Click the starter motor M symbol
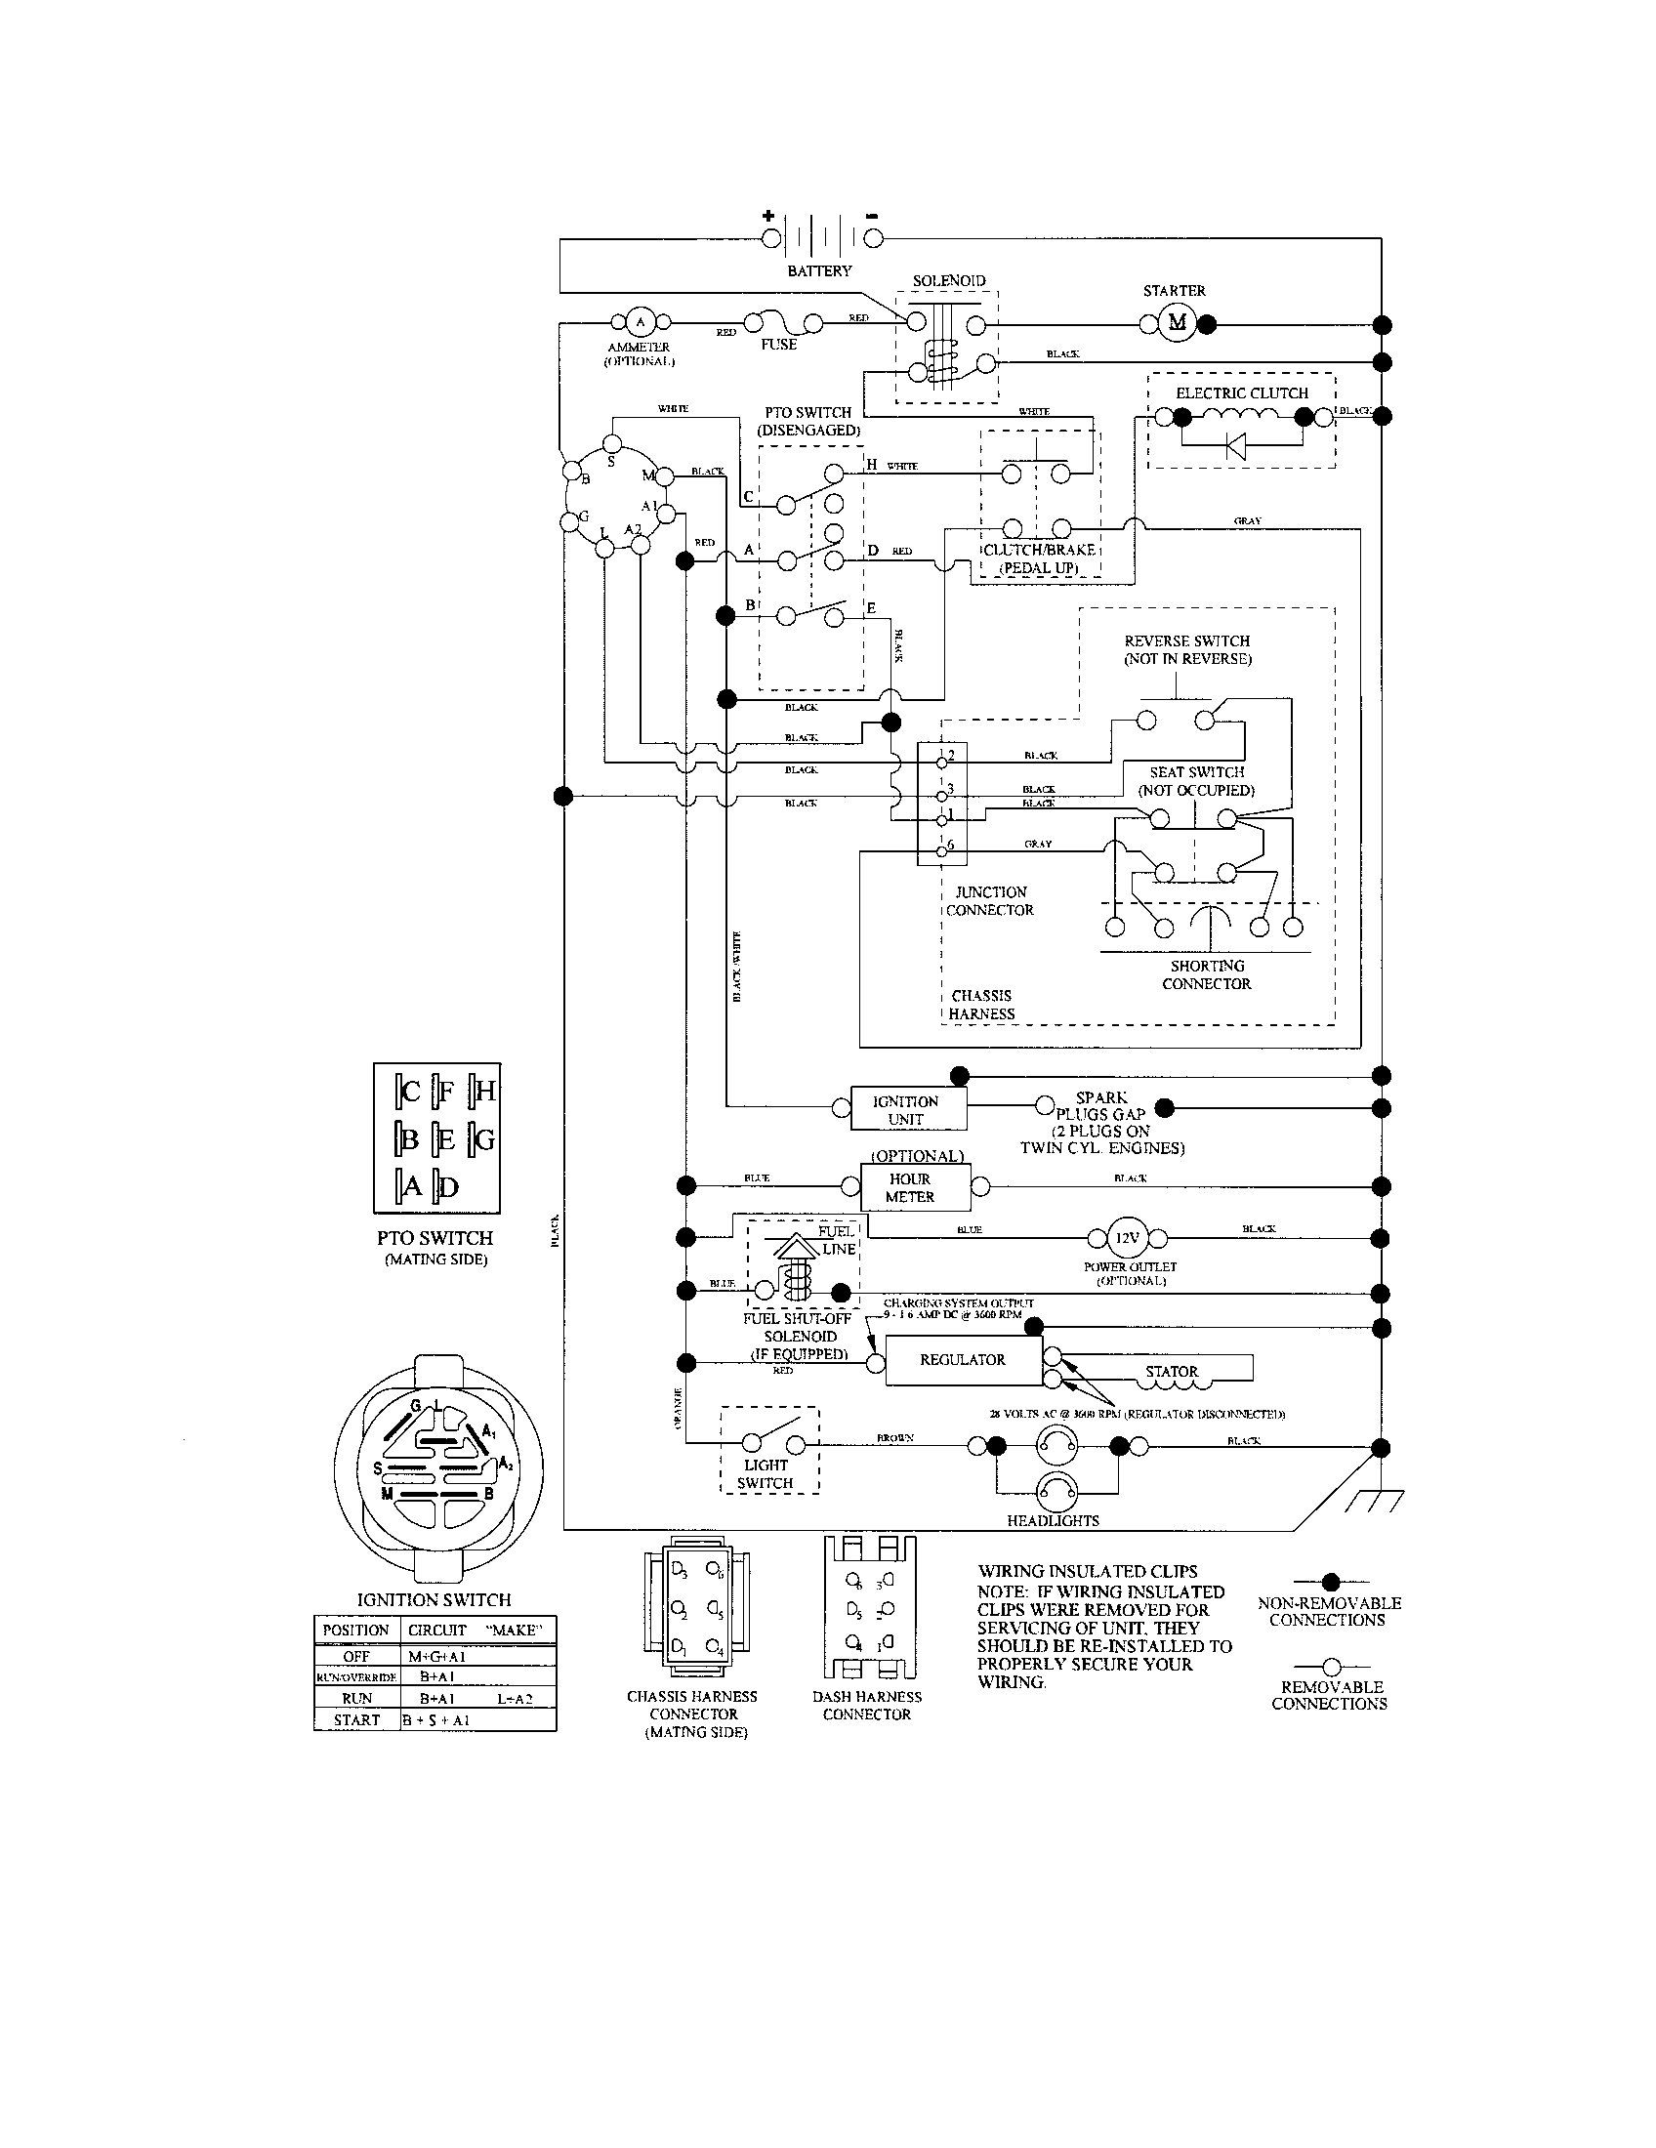pyautogui.click(x=1177, y=322)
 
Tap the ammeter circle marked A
pyautogui.click(x=641, y=321)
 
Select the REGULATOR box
pyautogui.click(x=963, y=1360)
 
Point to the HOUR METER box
pyautogui.click(x=910, y=1188)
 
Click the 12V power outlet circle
pyautogui.click(x=1126, y=1238)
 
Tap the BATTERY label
pyautogui.click(x=819, y=270)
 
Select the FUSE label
pyautogui.click(x=778, y=346)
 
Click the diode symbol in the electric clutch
pyautogui.click(x=1235, y=446)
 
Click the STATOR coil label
pyautogui.click(x=1171, y=1371)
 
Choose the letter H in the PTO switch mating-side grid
pyautogui.click(x=485, y=1091)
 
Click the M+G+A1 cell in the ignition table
pyautogui.click(x=435, y=1657)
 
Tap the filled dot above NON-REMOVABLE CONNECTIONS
pyautogui.click(x=1331, y=1583)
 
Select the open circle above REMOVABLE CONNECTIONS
pyautogui.click(x=1331, y=1666)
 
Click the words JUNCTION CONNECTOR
pyautogui.click(x=990, y=901)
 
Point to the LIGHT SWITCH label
pyautogui.click(x=766, y=1473)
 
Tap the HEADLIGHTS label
pyautogui.click(x=1053, y=1520)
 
